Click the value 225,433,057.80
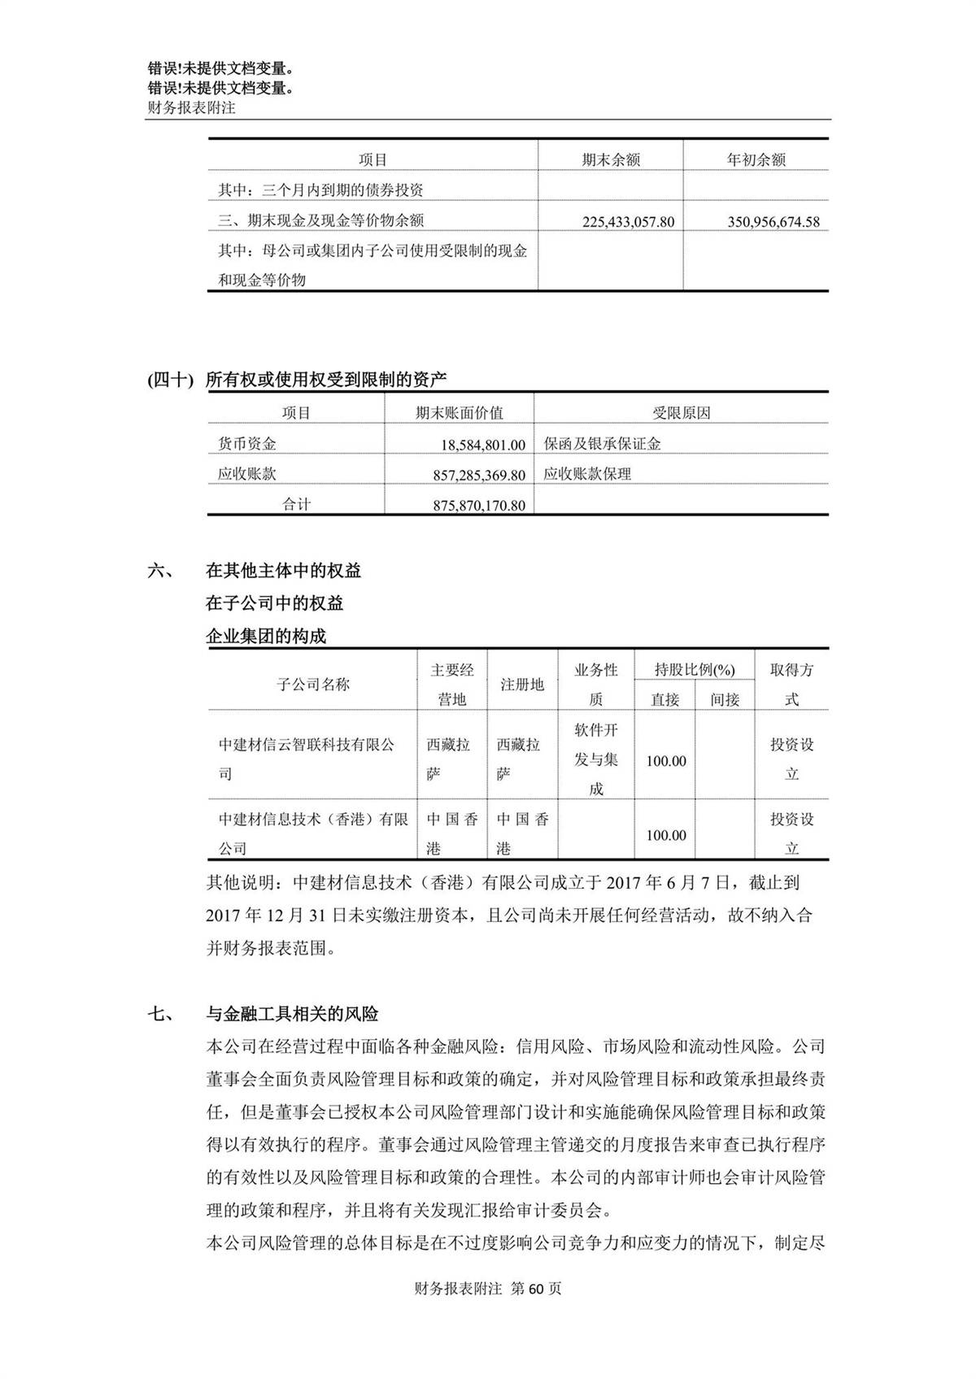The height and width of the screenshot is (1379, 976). click(628, 221)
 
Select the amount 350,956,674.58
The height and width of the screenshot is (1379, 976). click(773, 221)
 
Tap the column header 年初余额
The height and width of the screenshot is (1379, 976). click(756, 160)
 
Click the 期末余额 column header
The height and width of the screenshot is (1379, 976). click(611, 160)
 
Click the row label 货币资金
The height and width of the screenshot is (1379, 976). click(247, 444)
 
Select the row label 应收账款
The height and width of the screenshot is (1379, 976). click(247, 474)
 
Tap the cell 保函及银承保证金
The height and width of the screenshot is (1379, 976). click(603, 444)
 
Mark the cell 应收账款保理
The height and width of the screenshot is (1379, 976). click(587, 474)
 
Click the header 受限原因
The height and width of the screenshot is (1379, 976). click(681, 413)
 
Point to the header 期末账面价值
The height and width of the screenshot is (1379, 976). click(460, 413)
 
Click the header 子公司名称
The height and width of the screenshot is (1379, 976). click(313, 685)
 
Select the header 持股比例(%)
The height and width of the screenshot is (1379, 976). click(695, 670)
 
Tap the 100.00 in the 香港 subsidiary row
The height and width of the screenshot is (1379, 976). click(666, 835)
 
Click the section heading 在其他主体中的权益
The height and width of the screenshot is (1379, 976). click(284, 571)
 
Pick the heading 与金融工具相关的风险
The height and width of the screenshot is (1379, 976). click(292, 1014)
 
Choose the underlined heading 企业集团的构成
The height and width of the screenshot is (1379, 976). click(266, 636)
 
